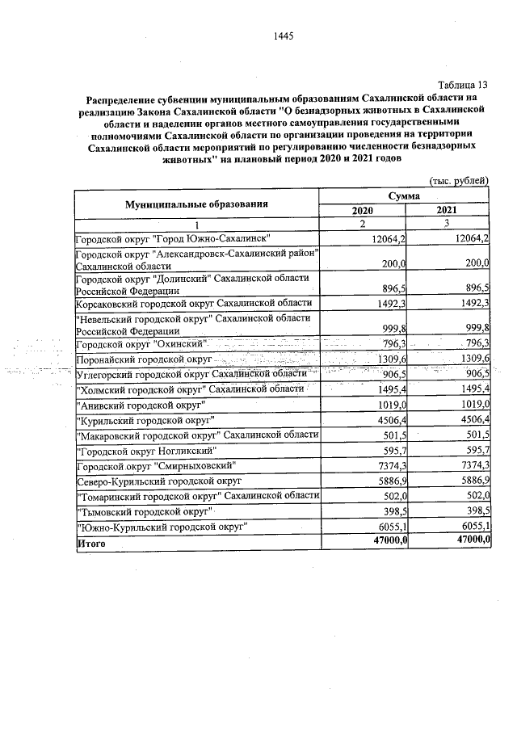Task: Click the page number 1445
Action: click(x=283, y=36)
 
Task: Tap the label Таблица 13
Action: click(x=463, y=85)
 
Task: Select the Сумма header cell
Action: click(x=406, y=196)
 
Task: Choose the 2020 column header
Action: click(x=364, y=210)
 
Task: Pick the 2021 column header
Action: click(x=448, y=210)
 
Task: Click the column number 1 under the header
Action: click(x=196, y=224)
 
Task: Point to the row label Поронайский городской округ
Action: click(x=143, y=358)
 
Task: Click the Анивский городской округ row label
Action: click(x=140, y=404)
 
